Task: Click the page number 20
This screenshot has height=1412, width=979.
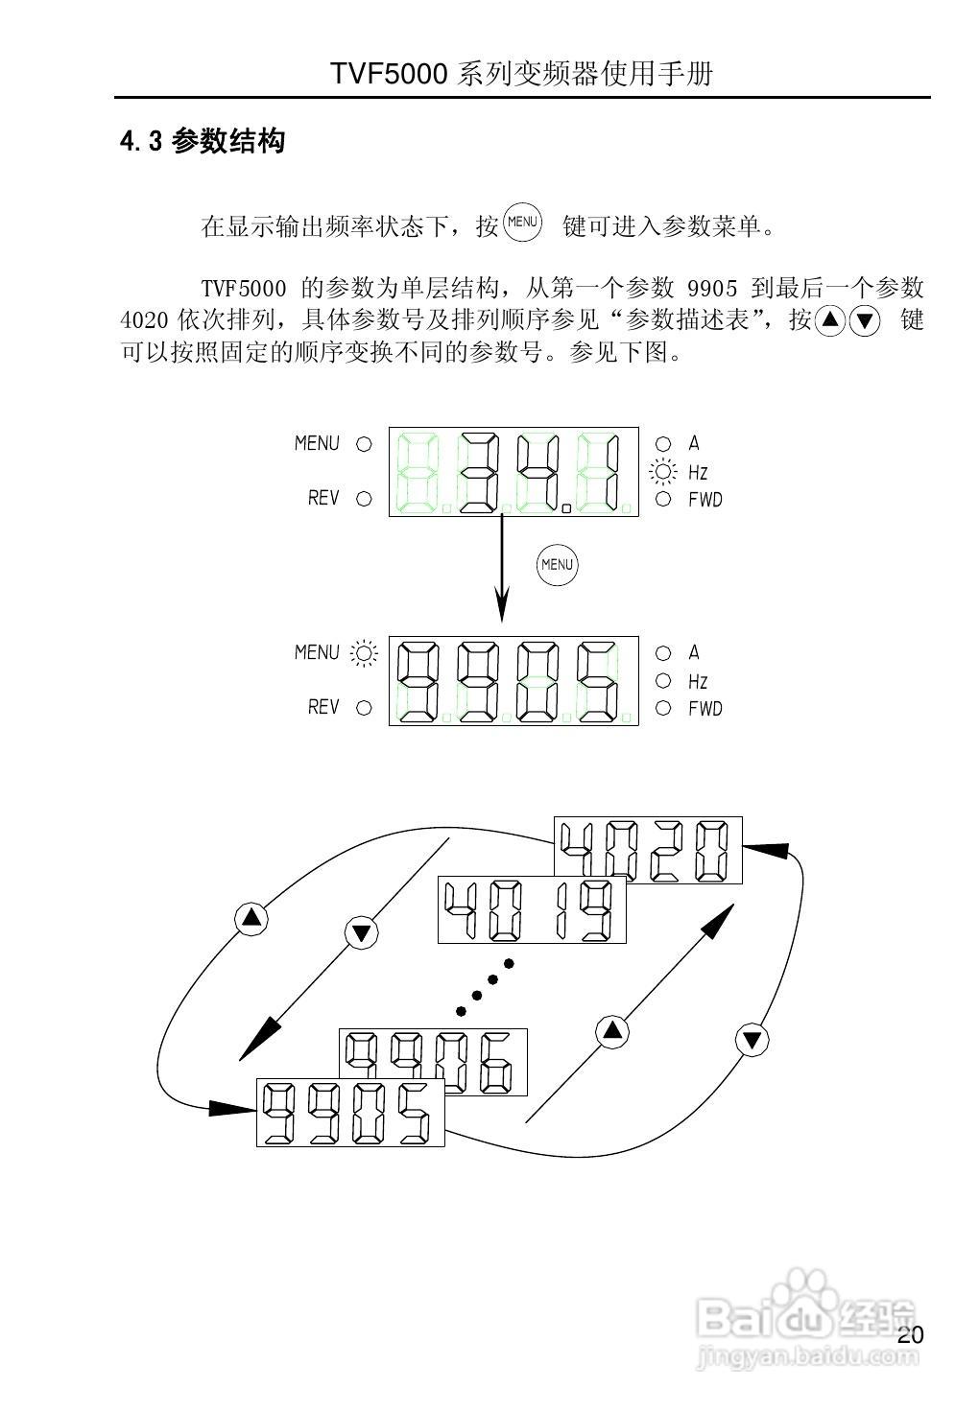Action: (x=911, y=1335)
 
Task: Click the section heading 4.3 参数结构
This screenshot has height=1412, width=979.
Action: (x=203, y=142)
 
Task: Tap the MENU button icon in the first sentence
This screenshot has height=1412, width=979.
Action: (x=523, y=223)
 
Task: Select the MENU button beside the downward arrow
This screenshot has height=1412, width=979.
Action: (x=557, y=564)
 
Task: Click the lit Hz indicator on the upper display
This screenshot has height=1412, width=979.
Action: (x=662, y=472)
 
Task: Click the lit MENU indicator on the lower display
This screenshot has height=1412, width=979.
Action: (x=364, y=653)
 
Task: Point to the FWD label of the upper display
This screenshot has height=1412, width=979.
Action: (x=705, y=500)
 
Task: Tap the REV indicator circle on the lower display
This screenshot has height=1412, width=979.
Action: (x=364, y=708)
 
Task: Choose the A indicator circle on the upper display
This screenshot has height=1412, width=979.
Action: (x=663, y=443)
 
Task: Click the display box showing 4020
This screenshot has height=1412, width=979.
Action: (x=648, y=850)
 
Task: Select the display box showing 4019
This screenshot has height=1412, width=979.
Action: (x=531, y=909)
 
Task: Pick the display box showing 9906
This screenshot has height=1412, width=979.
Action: (x=433, y=1063)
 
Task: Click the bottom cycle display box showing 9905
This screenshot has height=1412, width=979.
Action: (x=350, y=1112)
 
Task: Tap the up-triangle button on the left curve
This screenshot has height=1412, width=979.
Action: (x=251, y=918)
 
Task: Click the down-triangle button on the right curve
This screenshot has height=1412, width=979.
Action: (x=752, y=1040)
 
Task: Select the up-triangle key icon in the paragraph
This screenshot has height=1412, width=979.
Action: (x=830, y=320)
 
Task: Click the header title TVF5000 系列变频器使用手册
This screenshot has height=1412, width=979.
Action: (x=522, y=74)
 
